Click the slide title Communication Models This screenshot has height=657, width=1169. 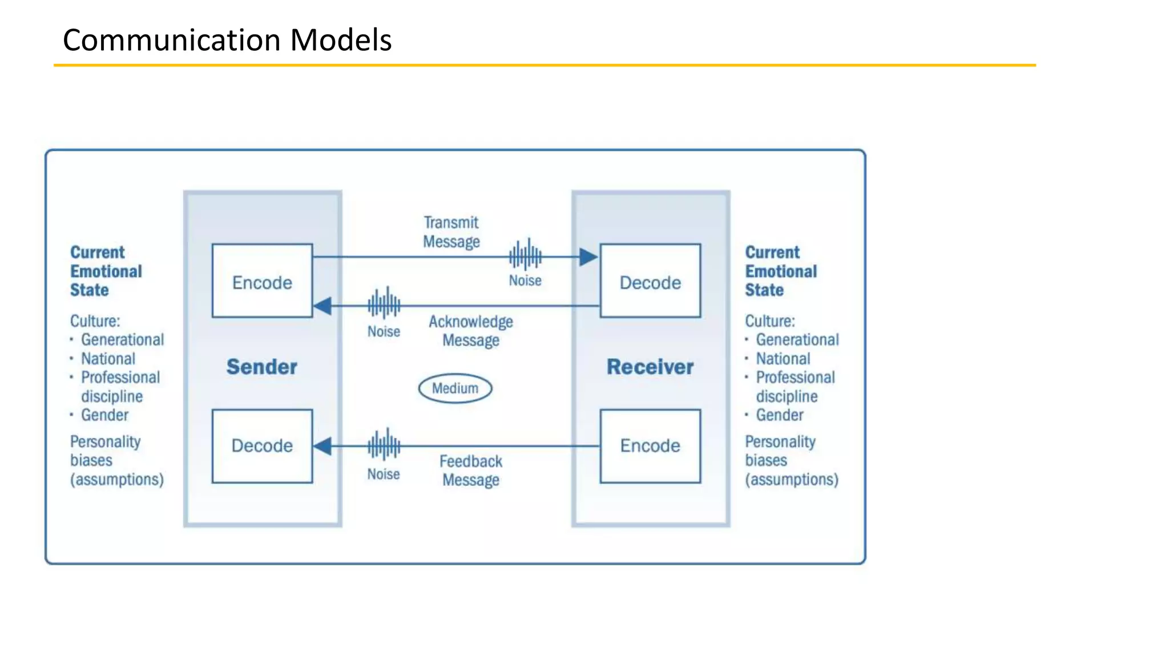pyautogui.click(x=227, y=40)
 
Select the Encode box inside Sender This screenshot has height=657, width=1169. pyautogui.click(x=262, y=281)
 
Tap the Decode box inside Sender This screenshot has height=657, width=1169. pyautogui.click(x=262, y=446)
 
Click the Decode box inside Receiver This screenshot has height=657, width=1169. pyautogui.click(x=650, y=281)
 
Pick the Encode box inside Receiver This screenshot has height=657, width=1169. pyautogui.click(x=650, y=446)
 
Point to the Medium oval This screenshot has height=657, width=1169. pyautogui.click(x=455, y=388)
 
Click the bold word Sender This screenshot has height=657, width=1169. pyautogui.click(x=262, y=367)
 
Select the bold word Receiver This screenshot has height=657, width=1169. pyautogui.click(x=650, y=367)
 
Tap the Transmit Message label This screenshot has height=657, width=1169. pyautogui.click(x=451, y=232)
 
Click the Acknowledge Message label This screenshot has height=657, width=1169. pyautogui.click(x=471, y=331)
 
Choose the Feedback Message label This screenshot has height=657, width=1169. pyautogui.click(x=471, y=471)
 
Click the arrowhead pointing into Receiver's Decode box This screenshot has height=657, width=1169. pyautogui.click(x=588, y=257)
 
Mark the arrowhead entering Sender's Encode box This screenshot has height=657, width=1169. pyautogui.click(x=323, y=306)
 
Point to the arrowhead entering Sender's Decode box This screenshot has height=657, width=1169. pyautogui.click(x=323, y=446)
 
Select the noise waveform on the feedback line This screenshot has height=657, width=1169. pyautogui.click(x=384, y=444)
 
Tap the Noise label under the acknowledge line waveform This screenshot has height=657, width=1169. pyautogui.click(x=384, y=331)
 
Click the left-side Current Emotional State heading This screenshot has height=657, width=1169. pyautogui.click(x=106, y=271)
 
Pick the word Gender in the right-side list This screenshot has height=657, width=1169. pyautogui.click(x=779, y=415)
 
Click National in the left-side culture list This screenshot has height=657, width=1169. pyautogui.click(x=108, y=359)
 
